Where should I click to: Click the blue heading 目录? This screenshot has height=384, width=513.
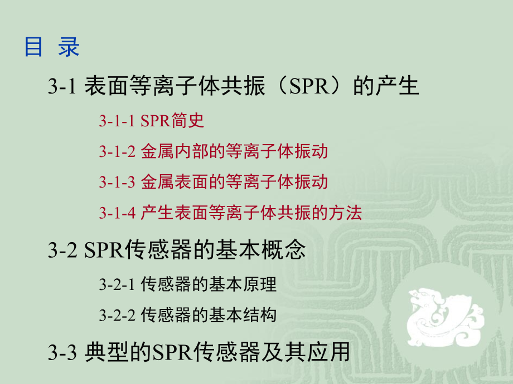[52, 47]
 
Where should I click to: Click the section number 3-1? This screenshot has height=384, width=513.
[61, 87]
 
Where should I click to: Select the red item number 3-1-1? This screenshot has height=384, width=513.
[117, 121]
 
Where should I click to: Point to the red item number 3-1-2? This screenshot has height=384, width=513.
[117, 151]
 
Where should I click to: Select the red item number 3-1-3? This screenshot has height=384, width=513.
[117, 182]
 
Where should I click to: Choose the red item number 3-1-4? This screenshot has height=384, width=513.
[117, 213]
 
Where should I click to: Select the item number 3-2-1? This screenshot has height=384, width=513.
[117, 284]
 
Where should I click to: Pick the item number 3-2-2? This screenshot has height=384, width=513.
[117, 315]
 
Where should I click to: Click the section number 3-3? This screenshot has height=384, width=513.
[61, 352]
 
